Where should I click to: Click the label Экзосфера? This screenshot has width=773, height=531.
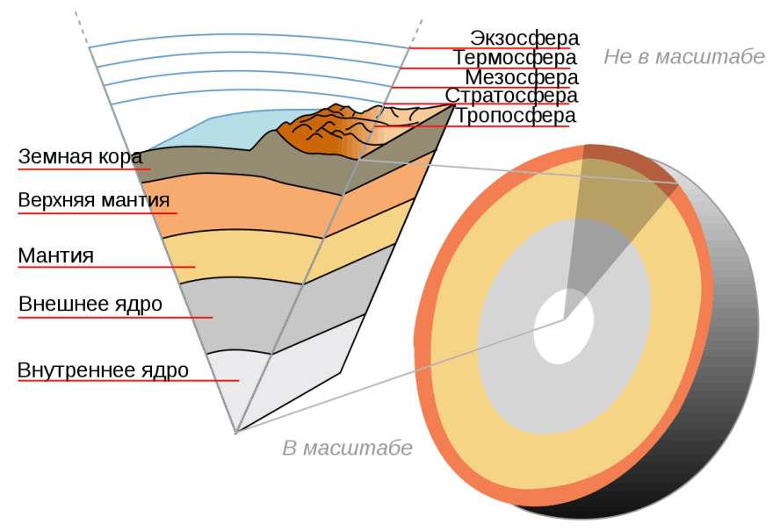[x=524, y=38]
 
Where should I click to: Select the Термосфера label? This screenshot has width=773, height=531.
[x=515, y=58]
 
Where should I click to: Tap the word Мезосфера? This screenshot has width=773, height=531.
[x=522, y=77]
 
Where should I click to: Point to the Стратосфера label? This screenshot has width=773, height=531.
[x=512, y=96]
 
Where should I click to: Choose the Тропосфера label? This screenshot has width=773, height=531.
[x=515, y=116]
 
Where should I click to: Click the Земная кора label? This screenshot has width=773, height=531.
[x=80, y=156]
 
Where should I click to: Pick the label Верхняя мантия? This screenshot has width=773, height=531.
[x=94, y=200]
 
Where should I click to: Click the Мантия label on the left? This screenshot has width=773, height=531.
[x=55, y=255]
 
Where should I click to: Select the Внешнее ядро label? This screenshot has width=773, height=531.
[x=90, y=305]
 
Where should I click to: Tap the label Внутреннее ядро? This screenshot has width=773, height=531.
[x=103, y=370]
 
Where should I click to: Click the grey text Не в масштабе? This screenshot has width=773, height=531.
[x=684, y=57]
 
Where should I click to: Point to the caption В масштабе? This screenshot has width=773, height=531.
[x=348, y=448]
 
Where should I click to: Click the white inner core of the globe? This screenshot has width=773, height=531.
[x=563, y=326]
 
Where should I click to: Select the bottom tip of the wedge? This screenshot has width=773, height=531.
[x=236, y=433]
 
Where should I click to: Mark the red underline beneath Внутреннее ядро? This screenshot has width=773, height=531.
[x=128, y=380]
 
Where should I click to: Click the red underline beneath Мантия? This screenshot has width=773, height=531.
[x=106, y=267]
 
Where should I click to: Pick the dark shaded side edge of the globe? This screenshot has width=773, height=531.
[x=715, y=394]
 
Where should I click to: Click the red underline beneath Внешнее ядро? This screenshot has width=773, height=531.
[x=115, y=317]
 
